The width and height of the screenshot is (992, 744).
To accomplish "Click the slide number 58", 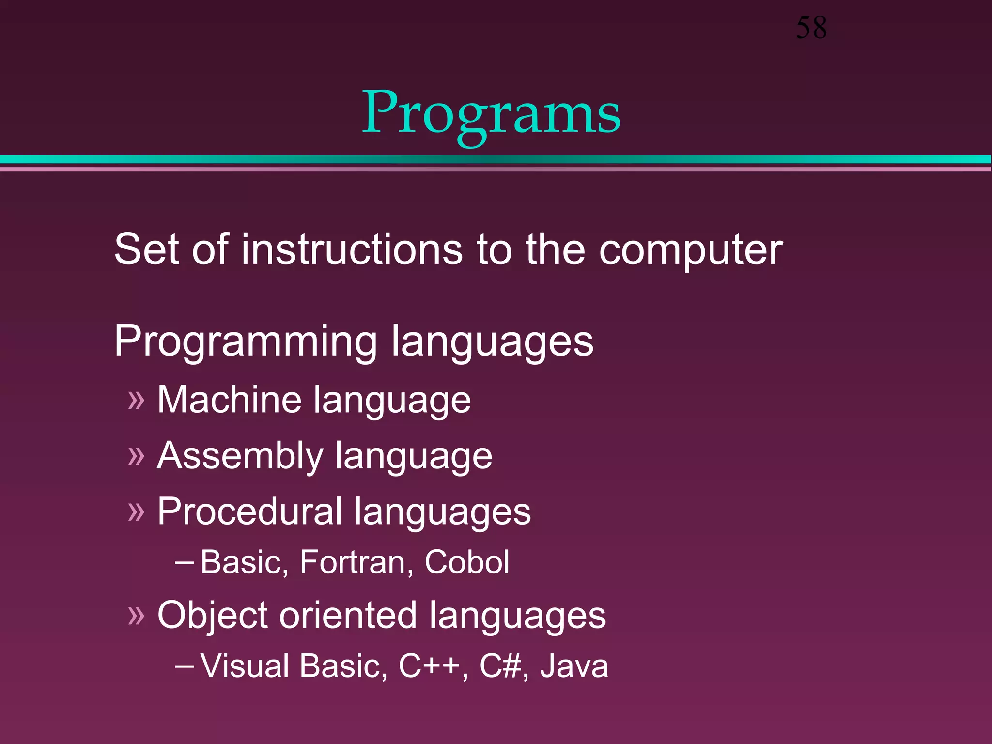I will [811, 28].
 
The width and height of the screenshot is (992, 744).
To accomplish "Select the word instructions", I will [352, 249].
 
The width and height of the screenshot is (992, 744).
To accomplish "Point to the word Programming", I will [246, 341].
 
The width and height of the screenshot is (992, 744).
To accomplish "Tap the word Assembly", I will [240, 456].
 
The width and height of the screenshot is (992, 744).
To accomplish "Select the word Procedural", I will [249, 511].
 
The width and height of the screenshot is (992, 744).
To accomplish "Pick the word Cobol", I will [466, 562].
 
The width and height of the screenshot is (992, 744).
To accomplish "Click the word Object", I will [213, 616].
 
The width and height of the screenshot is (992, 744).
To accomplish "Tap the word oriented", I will [348, 616].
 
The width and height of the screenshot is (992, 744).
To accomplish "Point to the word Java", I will [574, 666].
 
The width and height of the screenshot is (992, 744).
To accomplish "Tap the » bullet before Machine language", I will [137, 401].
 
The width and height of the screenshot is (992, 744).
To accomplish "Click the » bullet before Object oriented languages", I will [137, 616].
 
